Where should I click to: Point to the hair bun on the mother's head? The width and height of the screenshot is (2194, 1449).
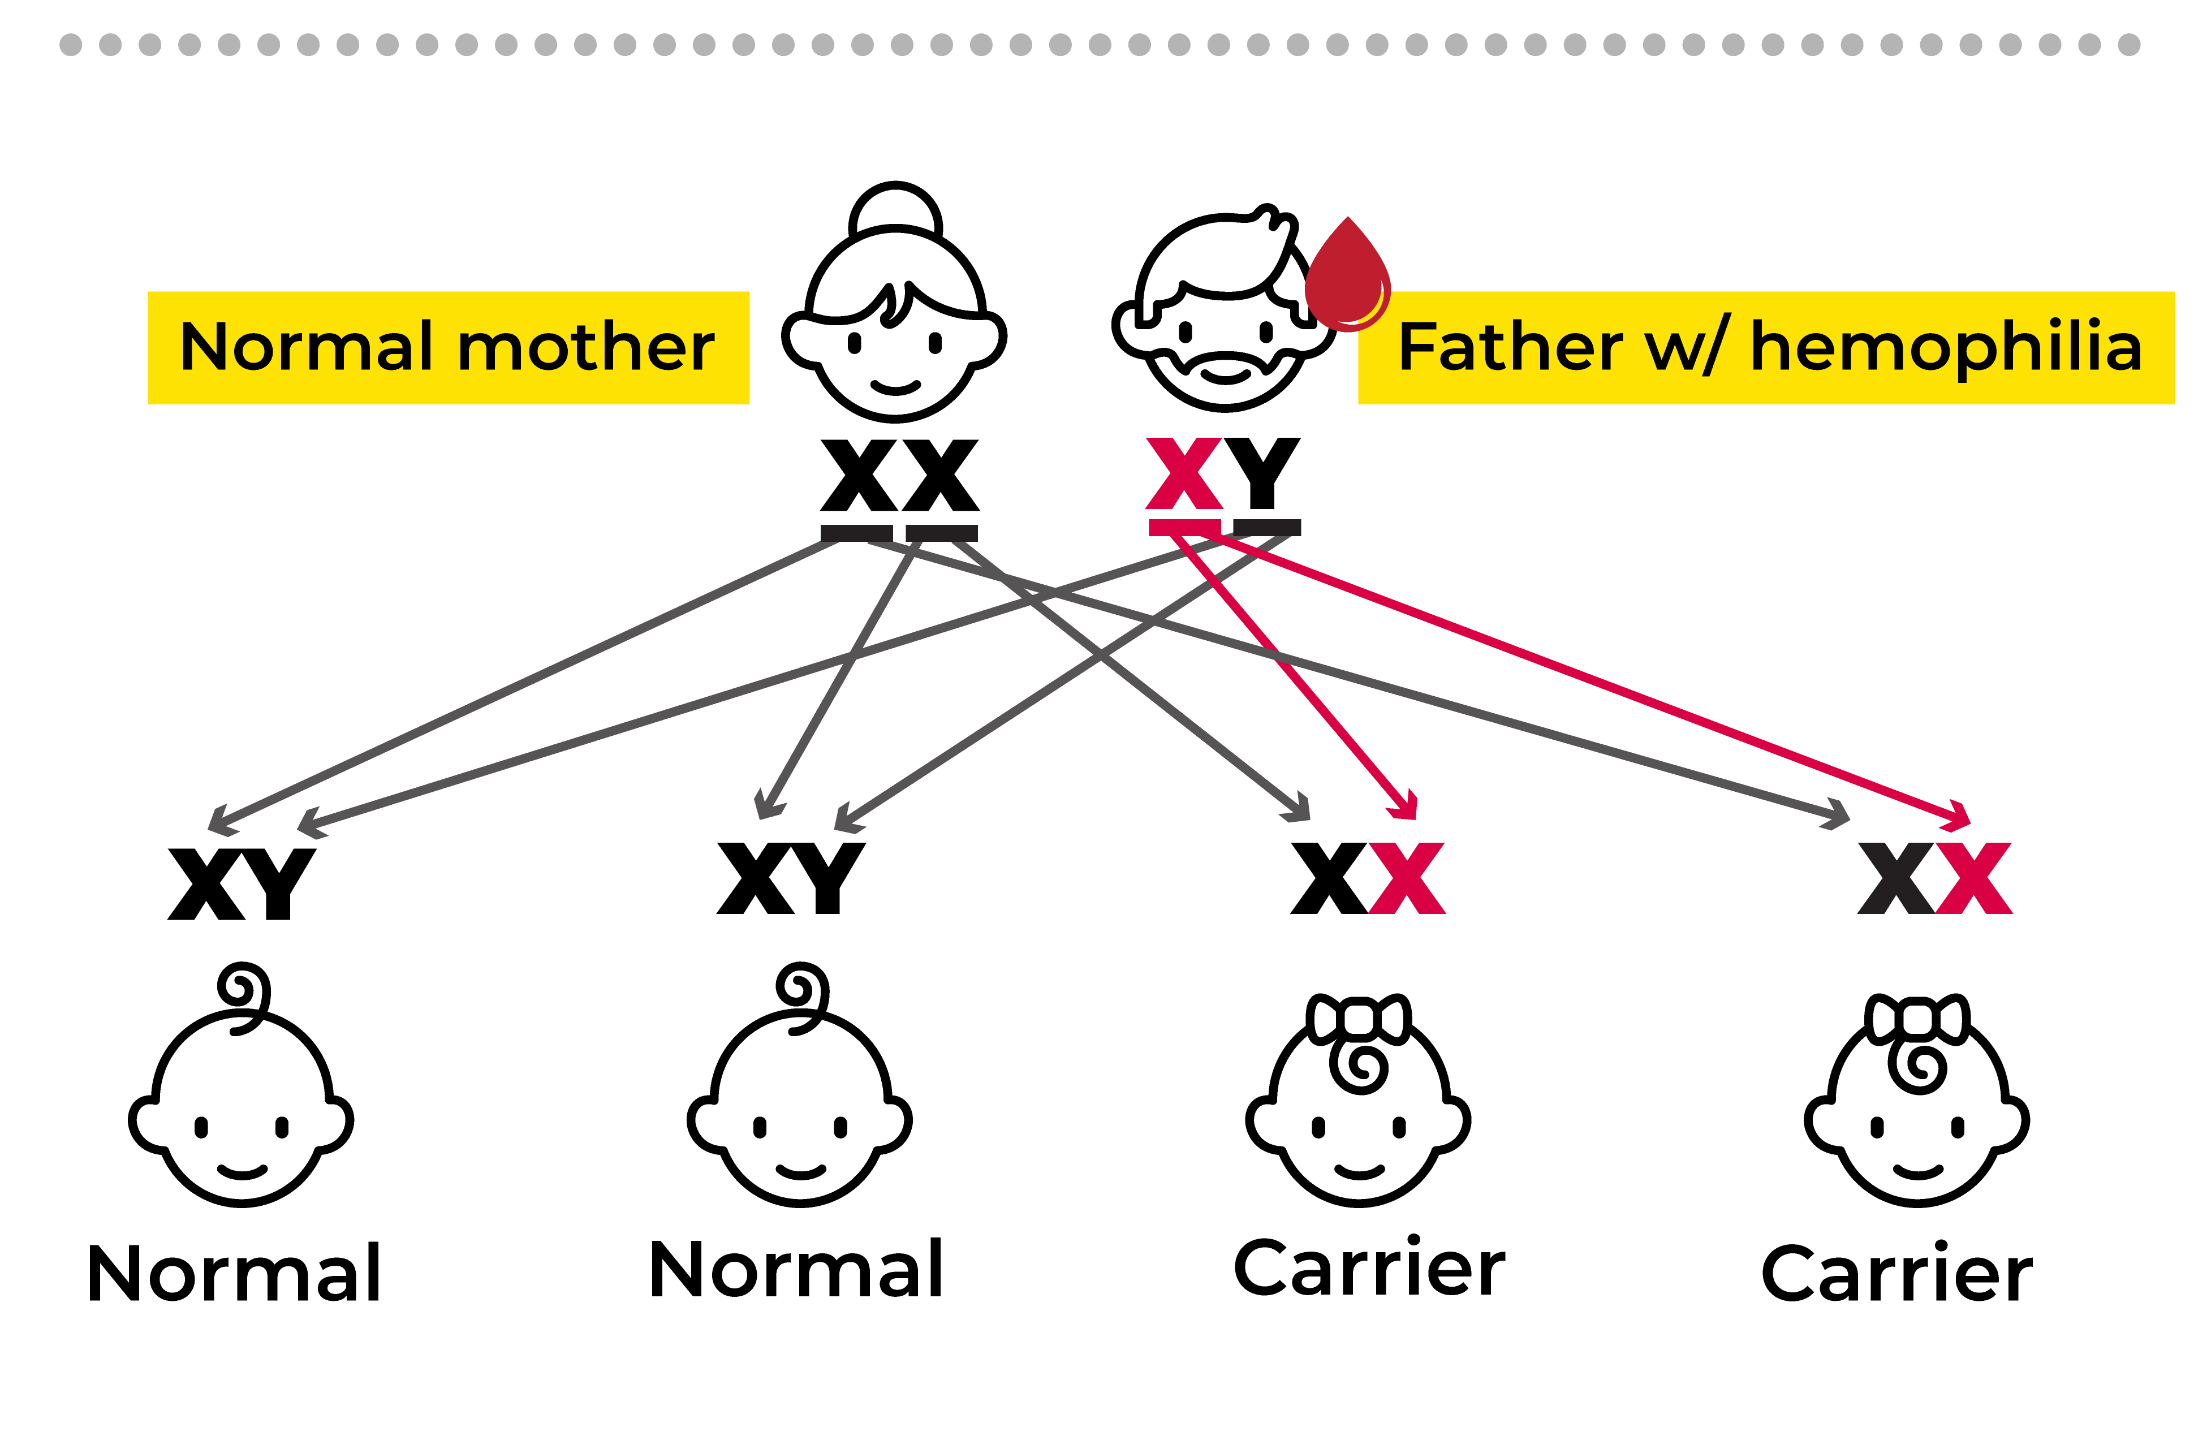895,212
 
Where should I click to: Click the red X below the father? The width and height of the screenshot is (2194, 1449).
1184,473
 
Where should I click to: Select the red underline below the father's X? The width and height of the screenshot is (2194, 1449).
1184,528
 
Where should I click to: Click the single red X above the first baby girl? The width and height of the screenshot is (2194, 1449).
1407,878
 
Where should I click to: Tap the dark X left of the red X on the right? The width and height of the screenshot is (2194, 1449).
1895,878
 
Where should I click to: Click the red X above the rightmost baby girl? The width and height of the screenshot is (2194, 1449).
1974,878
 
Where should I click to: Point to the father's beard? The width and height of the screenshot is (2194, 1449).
1226,383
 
